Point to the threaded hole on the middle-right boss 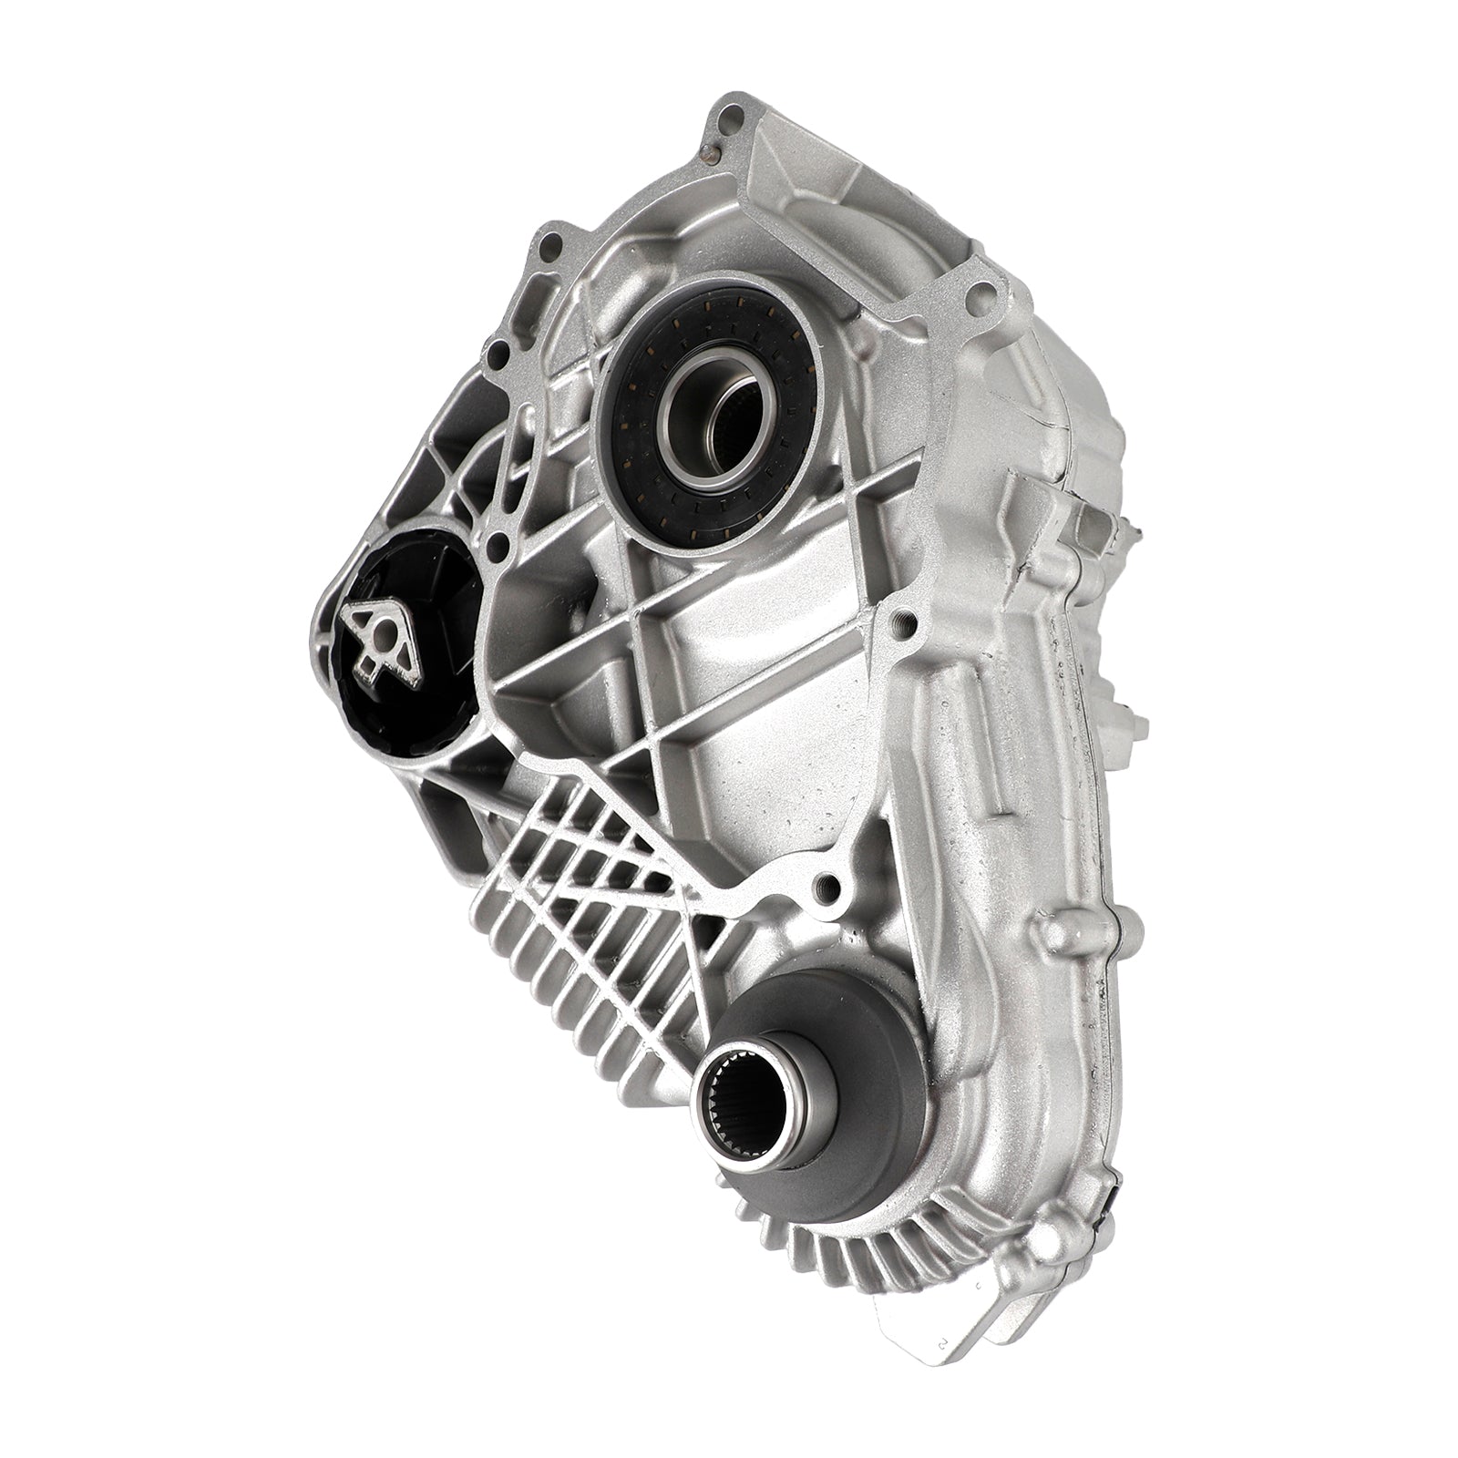(x=903, y=621)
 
